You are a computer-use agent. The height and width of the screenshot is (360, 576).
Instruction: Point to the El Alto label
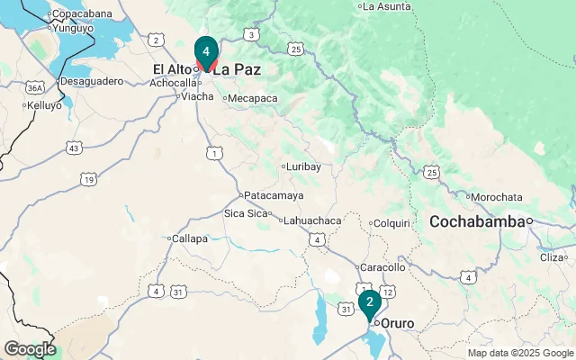point(173,68)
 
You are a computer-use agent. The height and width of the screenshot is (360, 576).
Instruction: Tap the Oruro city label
point(397,322)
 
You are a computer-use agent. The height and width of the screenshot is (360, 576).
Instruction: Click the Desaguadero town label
point(90,81)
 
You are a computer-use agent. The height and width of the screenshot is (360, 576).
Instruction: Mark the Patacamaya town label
point(274,195)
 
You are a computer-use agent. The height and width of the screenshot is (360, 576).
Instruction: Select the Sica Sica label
point(246,213)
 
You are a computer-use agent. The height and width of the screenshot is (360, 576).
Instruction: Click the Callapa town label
point(190,238)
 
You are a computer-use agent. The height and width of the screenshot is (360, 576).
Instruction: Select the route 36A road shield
point(34,88)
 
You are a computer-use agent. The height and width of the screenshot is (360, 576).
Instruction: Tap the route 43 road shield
point(74,147)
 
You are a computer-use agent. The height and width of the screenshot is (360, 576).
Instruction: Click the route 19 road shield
point(88,180)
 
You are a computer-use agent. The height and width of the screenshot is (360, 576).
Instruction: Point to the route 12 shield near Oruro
point(387,292)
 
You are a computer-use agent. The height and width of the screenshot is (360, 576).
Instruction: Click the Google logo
point(29,349)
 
